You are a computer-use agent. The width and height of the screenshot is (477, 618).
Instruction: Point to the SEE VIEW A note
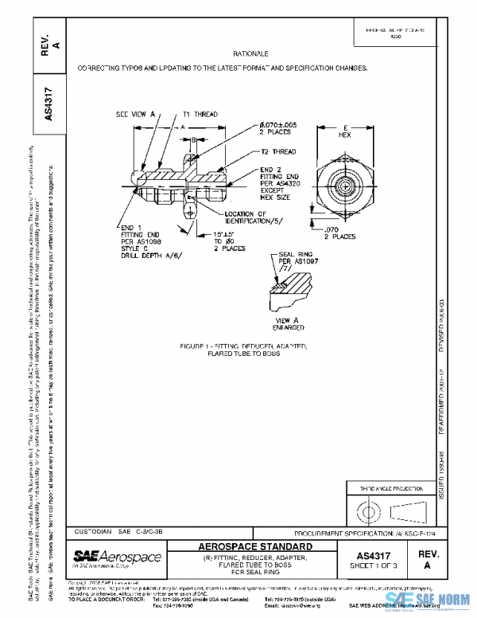(x=134, y=115)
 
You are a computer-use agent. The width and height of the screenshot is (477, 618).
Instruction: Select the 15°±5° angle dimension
(x=227, y=233)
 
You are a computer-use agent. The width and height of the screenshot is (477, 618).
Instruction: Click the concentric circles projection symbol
(x=367, y=508)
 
